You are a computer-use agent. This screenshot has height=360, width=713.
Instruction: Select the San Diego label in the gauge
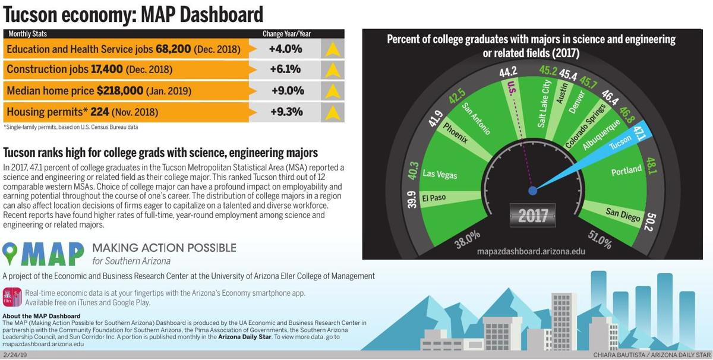point(623,214)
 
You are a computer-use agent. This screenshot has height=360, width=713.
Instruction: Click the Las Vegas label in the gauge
point(440,175)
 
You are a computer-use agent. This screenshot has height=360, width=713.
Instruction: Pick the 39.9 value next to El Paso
point(411,201)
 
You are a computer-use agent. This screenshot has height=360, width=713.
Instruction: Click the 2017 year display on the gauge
point(532,215)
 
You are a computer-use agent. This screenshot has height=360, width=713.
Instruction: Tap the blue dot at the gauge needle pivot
point(533,191)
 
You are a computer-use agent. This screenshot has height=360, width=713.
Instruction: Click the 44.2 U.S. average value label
point(508,72)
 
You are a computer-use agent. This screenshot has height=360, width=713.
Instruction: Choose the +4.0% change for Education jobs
point(285,49)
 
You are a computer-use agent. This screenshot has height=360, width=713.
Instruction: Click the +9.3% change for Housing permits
point(287,112)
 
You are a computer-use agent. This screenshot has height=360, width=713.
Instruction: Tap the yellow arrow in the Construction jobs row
point(332,70)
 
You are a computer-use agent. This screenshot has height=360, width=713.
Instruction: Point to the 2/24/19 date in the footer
point(15,355)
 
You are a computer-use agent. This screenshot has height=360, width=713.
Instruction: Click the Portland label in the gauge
point(626,170)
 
